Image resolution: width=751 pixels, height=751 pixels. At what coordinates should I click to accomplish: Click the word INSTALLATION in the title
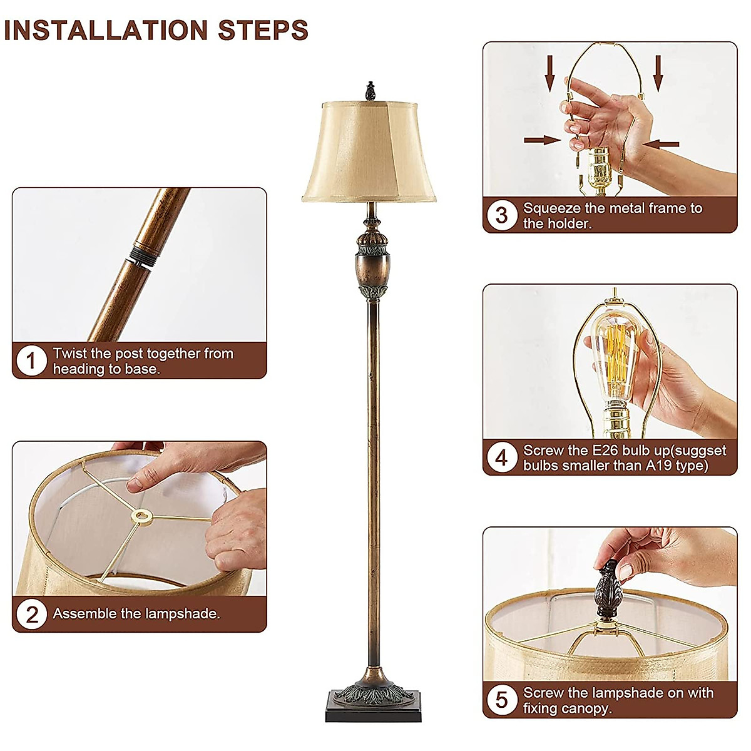tap(106, 30)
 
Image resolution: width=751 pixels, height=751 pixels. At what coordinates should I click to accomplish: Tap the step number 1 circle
tap(31, 361)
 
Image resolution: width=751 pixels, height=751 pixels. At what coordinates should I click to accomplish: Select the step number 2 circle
tap(31, 614)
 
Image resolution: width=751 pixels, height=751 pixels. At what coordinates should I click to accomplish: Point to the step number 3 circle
tap(502, 215)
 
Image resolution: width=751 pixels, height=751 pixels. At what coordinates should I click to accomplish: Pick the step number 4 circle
tap(502, 457)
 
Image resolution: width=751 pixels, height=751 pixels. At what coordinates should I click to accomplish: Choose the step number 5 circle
tap(502, 700)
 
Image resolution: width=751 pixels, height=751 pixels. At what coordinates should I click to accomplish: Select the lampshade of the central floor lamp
tap(369, 153)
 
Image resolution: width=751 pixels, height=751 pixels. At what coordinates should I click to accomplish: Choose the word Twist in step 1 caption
tap(69, 354)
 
